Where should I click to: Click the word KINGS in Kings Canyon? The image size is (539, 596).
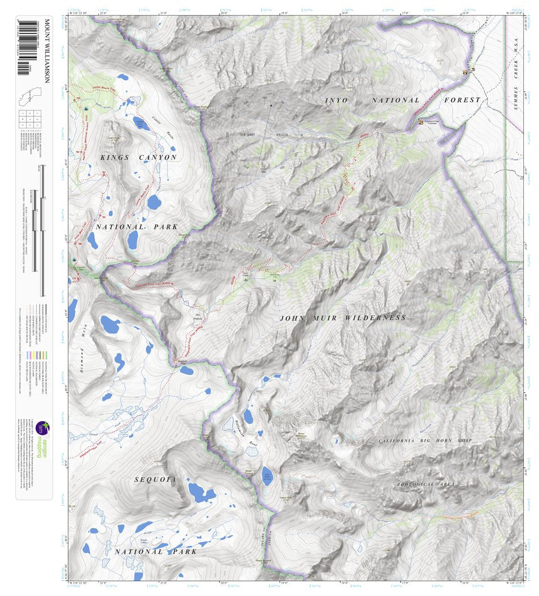pos(113,157)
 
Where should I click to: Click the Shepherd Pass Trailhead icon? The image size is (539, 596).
pos(421,122)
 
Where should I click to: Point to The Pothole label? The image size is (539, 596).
pos(199,316)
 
